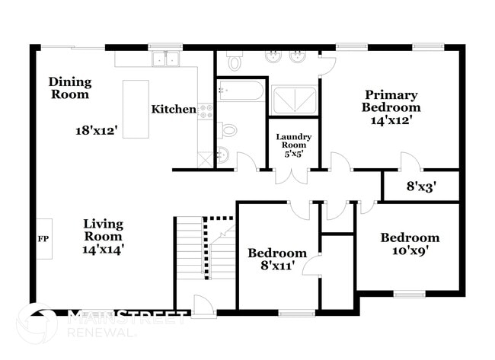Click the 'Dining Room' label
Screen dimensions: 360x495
[70, 88]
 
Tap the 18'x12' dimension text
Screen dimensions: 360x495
[96, 130]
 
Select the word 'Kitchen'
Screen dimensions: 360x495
[173, 109]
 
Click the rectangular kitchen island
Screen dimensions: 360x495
[136, 109]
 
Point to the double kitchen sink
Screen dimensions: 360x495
[165, 59]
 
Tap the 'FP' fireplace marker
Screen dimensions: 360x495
[43, 238]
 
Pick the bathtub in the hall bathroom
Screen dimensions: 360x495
[241, 92]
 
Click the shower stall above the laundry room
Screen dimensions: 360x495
[294, 100]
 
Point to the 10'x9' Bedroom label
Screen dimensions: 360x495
[410, 243]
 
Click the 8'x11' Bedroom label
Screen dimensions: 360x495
[277, 259]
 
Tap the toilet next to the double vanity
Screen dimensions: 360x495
[235, 61]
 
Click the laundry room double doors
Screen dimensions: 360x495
[292, 175]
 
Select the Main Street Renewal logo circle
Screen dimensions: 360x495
[37, 324]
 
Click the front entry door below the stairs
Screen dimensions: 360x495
[204, 306]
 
